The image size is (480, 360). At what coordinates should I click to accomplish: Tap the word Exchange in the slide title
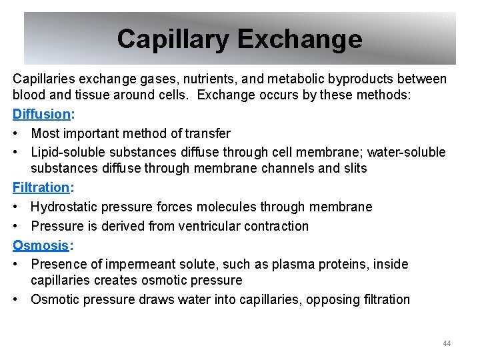pyautogui.click(x=299, y=39)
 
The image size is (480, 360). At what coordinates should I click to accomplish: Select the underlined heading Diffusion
pyautogui.click(x=41, y=114)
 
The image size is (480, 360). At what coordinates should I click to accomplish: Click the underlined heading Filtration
pyautogui.click(x=41, y=188)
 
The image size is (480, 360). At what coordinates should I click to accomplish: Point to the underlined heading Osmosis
pyautogui.click(x=40, y=245)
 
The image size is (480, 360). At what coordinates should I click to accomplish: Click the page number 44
pyautogui.click(x=447, y=343)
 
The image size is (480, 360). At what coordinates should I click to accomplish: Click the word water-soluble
pyautogui.click(x=403, y=152)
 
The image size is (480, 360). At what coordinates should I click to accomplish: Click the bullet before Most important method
pyautogui.click(x=17, y=133)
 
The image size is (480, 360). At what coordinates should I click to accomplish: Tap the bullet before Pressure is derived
pyautogui.click(x=17, y=226)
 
